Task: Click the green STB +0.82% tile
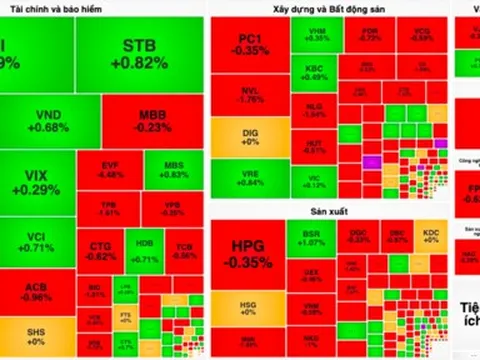click(146, 55)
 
